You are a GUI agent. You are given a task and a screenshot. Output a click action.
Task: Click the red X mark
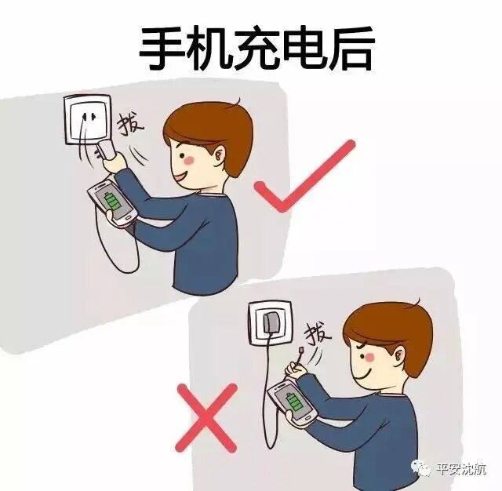207,413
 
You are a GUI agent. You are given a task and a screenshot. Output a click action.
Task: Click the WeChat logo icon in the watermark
423,469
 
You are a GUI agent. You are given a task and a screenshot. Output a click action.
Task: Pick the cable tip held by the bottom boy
302,351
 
